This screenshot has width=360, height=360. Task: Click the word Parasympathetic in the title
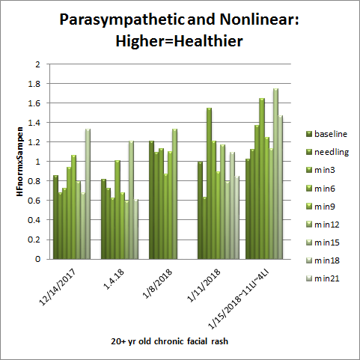click(x=122, y=19)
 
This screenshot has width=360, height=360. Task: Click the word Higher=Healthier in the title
click(x=179, y=41)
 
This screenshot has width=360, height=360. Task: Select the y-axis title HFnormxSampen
click(x=19, y=162)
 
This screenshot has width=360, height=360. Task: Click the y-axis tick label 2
click(x=37, y=64)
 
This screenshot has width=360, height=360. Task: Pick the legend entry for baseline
click(x=327, y=134)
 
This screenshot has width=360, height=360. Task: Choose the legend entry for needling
click(x=328, y=152)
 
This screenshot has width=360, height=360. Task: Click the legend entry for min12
click(x=323, y=225)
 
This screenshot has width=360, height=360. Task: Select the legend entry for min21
click(x=323, y=278)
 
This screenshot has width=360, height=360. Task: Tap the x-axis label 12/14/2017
click(x=58, y=287)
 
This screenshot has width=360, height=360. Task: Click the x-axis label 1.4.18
click(x=114, y=279)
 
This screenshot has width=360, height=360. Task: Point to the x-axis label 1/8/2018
click(x=157, y=284)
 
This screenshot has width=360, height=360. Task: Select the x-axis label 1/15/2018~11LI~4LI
click(x=240, y=299)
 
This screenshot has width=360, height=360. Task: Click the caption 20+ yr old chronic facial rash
click(x=170, y=341)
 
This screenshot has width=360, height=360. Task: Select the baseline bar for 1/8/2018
click(x=151, y=200)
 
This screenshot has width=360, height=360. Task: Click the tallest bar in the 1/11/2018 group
click(x=209, y=183)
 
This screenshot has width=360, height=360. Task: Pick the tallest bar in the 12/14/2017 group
click(x=88, y=194)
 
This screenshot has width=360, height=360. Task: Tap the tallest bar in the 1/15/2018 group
click(x=275, y=174)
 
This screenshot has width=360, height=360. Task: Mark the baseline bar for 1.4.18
click(x=103, y=219)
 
